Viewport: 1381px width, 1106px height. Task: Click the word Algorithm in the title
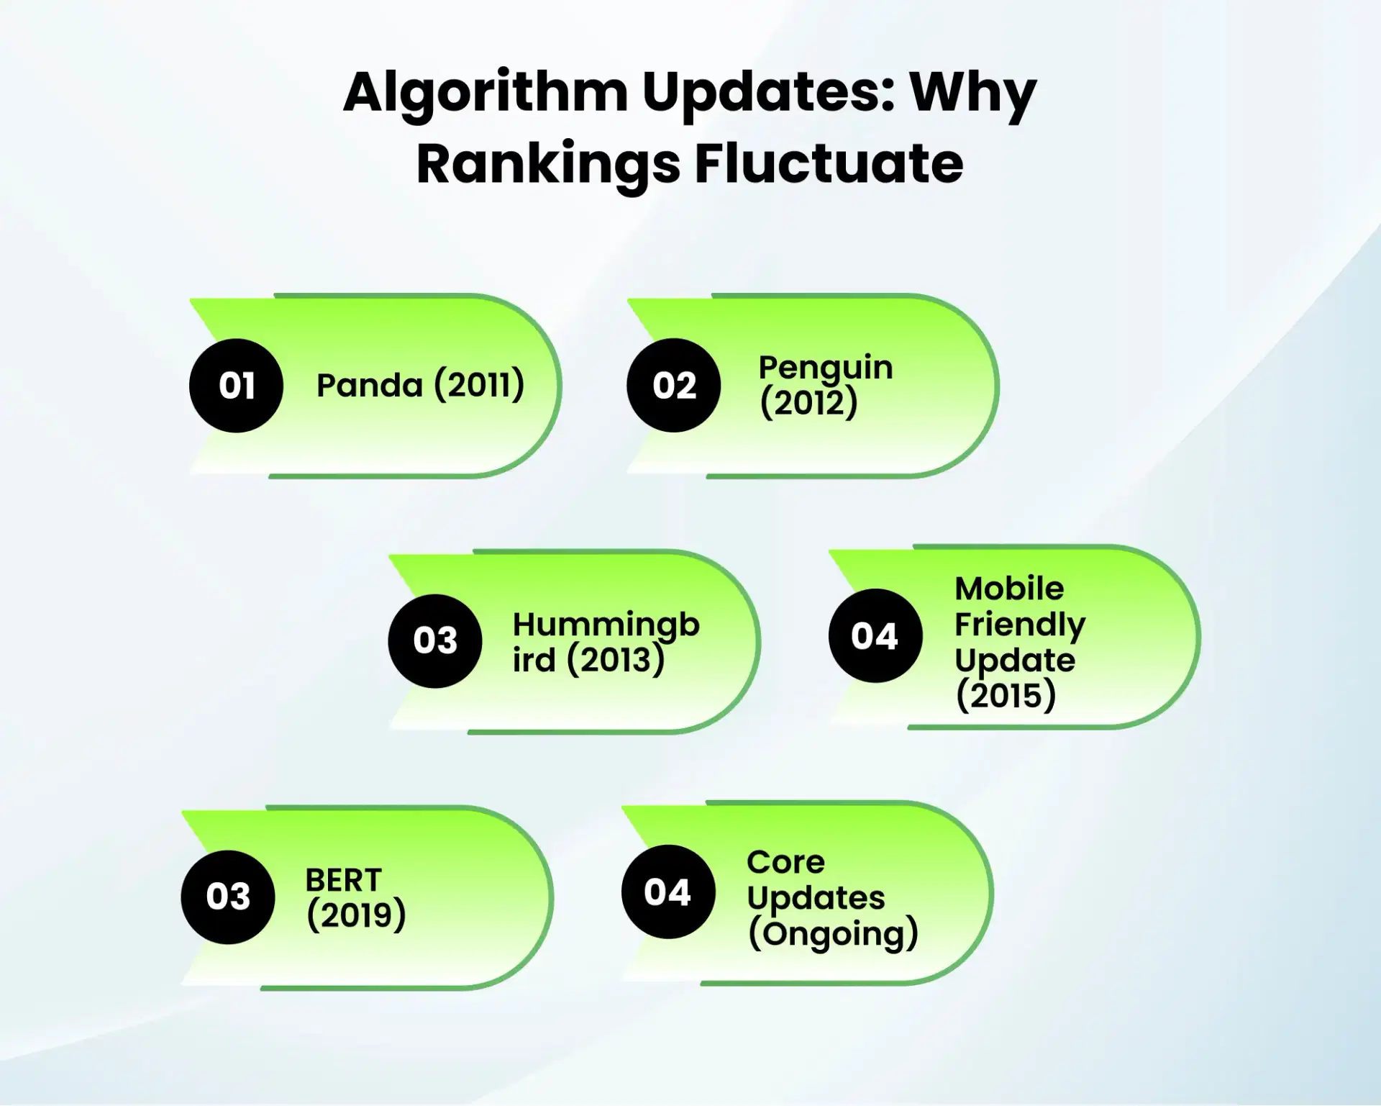coord(486,94)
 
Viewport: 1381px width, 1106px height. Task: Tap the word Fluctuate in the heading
coord(829,164)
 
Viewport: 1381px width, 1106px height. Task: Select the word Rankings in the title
coord(548,164)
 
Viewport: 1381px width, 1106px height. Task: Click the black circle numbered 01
coord(236,386)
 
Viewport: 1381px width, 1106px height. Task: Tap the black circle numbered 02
coord(674,386)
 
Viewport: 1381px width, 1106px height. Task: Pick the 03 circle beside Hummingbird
coord(434,640)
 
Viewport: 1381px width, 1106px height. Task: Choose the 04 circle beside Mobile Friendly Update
coord(875,636)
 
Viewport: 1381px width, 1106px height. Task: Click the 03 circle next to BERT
coord(228,897)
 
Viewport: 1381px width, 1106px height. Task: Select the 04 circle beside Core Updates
coord(667,892)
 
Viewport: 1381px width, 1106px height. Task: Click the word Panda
coord(370,386)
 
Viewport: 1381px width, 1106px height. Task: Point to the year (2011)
coord(479,385)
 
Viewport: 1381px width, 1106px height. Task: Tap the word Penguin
coord(826,368)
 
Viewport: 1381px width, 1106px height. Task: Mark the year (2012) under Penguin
coord(808,403)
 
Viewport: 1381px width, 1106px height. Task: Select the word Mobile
coord(1009,589)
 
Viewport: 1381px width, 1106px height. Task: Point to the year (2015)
coord(1006,695)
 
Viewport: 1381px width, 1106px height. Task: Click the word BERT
coord(343,880)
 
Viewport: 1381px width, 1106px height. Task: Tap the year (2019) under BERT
coord(356,915)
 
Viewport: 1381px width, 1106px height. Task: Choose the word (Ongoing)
coord(833,934)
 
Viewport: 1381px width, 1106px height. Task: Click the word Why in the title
coord(972,94)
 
